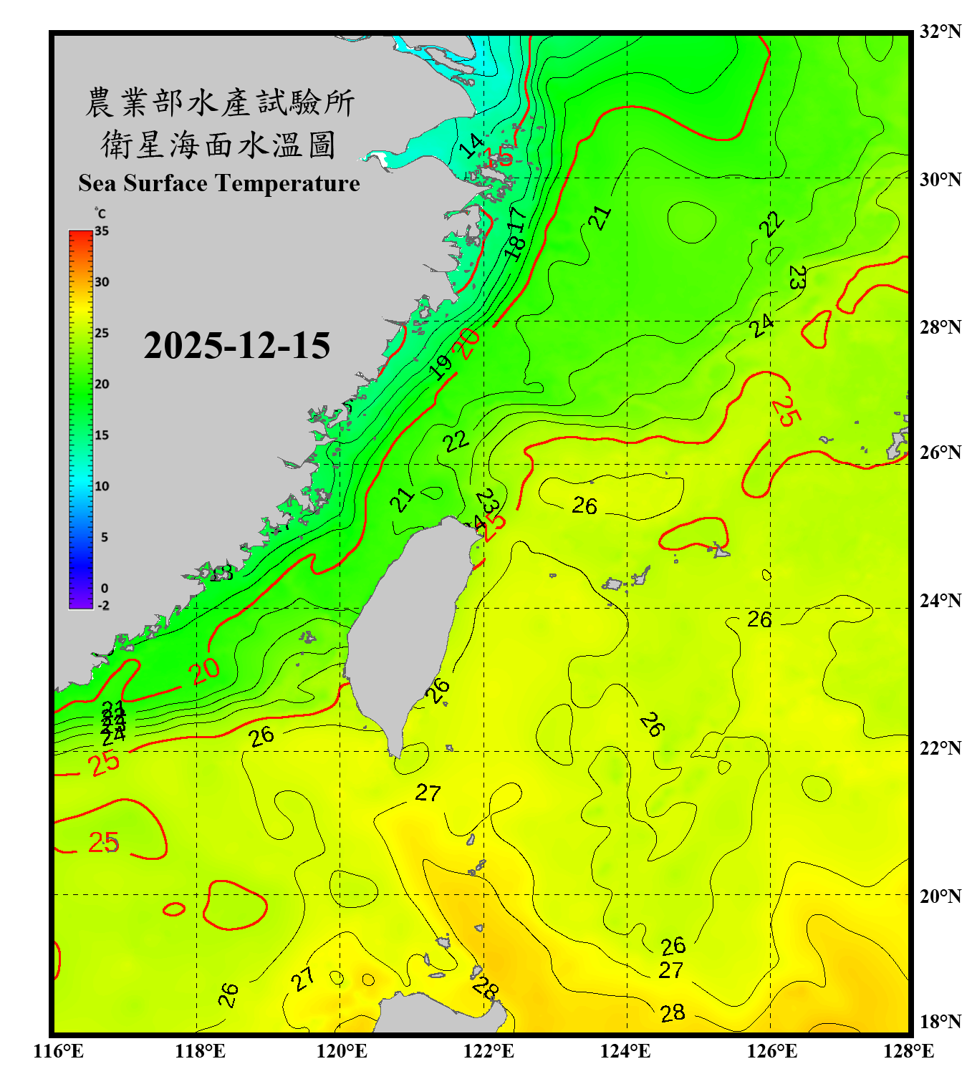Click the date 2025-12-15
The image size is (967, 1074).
pos(236,345)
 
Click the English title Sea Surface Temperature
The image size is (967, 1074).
pos(218,183)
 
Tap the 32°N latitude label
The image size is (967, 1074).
pos(940,32)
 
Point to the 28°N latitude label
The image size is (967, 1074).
pos(940,326)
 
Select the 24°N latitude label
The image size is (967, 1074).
pos(940,600)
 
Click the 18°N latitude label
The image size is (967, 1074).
pos(940,1021)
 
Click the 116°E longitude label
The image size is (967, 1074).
pos(59,1051)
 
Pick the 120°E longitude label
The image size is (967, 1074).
pos(342,1051)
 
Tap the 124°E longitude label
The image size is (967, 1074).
pos(625,1051)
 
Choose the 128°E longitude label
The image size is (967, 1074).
pos(908,1051)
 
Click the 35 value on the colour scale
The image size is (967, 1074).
pos(102,231)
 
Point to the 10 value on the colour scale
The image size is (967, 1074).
pos(102,486)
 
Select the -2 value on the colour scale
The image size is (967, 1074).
pos(103,605)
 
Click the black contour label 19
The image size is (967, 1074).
pos(441,367)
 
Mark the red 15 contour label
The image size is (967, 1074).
pos(499,155)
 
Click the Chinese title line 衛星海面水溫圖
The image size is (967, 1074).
pos(218,145)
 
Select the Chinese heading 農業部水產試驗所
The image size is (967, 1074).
pos(220,102)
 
